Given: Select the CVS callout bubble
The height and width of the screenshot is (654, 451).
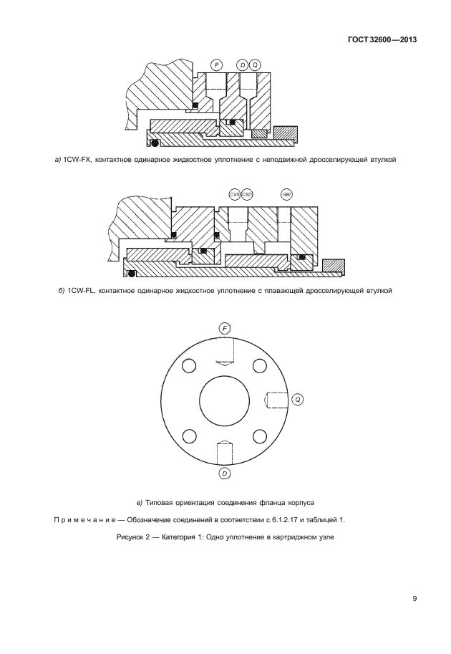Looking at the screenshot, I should [234, 194].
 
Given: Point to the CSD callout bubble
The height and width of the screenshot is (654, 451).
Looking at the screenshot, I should [247, 194].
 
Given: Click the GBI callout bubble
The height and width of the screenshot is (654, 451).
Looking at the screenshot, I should [286, 194].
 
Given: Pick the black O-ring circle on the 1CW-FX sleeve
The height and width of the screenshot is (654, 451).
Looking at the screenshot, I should [153, 141].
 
